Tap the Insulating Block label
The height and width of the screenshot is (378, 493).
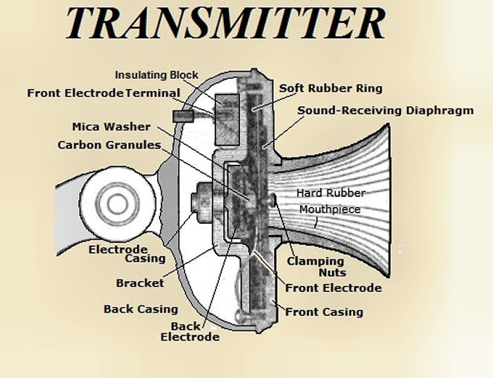click(156, 75)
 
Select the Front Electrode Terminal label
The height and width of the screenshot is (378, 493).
click(104, 93)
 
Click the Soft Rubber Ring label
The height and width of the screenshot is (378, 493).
click(330, 89)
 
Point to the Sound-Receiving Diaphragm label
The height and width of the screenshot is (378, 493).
click(385, 110)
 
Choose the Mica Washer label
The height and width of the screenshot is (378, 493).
click(111, 127)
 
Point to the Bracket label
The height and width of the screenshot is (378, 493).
click(139, 283)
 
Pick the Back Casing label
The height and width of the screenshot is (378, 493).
click(140, 309)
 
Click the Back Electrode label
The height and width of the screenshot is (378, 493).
click(189, 332)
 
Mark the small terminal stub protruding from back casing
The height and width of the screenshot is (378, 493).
click(182, 115)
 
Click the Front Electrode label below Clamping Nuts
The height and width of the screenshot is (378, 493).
click(333, 288)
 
